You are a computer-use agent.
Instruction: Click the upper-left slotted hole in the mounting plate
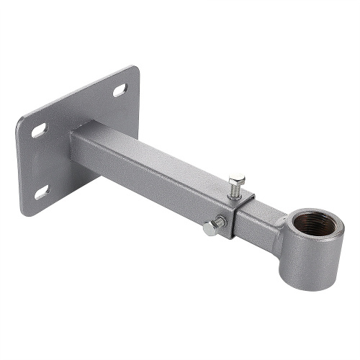pyautogui.click(x=38, y=130)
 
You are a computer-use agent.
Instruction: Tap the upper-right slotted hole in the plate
pyautogui.click(x=119, y=90)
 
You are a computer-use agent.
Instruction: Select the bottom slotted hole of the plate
pyautogui.click(x=41, y=192)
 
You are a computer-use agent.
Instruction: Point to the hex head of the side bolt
pyautogui.click(x=209, y=228)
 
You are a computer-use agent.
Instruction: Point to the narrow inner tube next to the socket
pyautogui.click(x=259, y=216)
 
